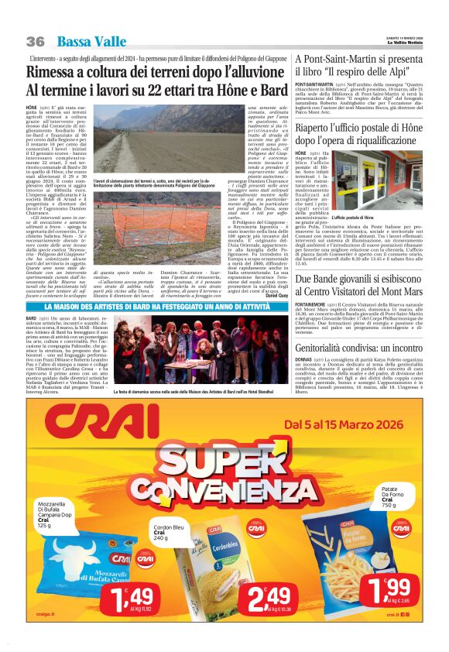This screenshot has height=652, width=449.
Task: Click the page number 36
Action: click(35, 41)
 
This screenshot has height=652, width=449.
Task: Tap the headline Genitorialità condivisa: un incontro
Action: click(359, 348)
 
